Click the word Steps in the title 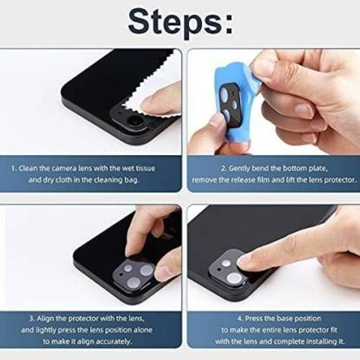(175, 23)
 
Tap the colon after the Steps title (229, 25)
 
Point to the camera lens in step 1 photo (135, 121)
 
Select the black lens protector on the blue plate (230, 102)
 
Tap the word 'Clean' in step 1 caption (28, 168)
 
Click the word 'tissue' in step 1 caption (145, 168)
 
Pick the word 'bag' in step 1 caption (132, 180)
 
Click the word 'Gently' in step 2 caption (239, 169)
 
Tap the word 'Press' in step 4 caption (253, 319)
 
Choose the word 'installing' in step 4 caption (321, 341)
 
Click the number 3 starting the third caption (31, 319)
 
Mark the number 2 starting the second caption (223, 169)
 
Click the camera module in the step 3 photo (133, 274)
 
